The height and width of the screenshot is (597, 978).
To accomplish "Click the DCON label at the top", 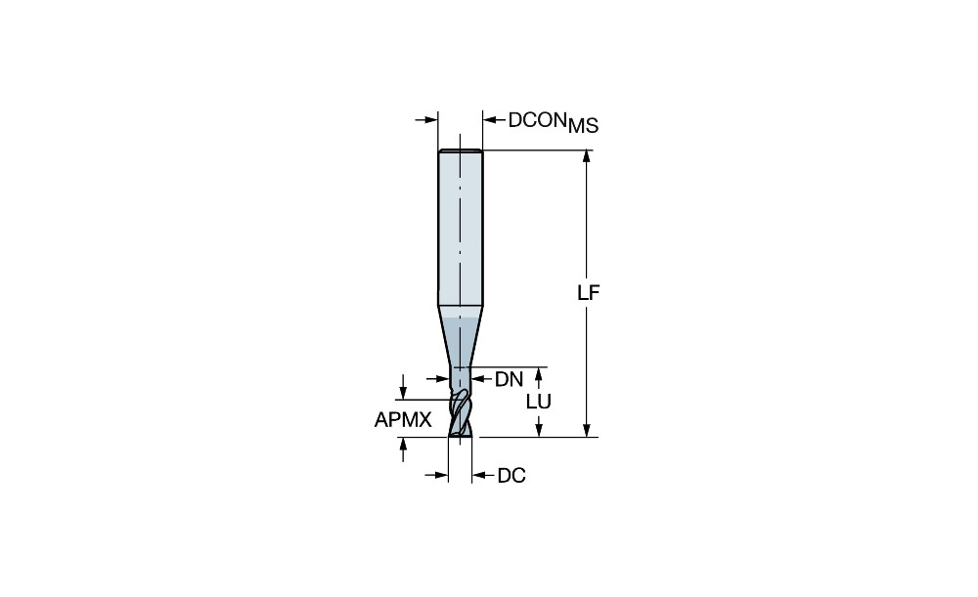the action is click(x=537, y=120).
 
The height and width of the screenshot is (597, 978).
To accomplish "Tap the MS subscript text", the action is click(x=583, y=126).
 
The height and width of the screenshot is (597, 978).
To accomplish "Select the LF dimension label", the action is click(x=588, y=293).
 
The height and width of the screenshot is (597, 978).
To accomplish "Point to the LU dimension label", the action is click(x=539, y=402).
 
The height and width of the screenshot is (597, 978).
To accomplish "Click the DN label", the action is click(x=509, y=379).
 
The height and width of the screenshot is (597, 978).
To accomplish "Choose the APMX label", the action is click(x=403, y=420).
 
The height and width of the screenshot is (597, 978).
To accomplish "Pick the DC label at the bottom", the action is click(x=511, y=476).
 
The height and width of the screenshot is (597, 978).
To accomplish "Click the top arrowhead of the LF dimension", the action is click(x=586, y=157).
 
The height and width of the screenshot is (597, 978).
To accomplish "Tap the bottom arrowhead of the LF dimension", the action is click(x=586, y=430).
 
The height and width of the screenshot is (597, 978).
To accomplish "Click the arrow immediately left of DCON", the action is click(x=494, y=119).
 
